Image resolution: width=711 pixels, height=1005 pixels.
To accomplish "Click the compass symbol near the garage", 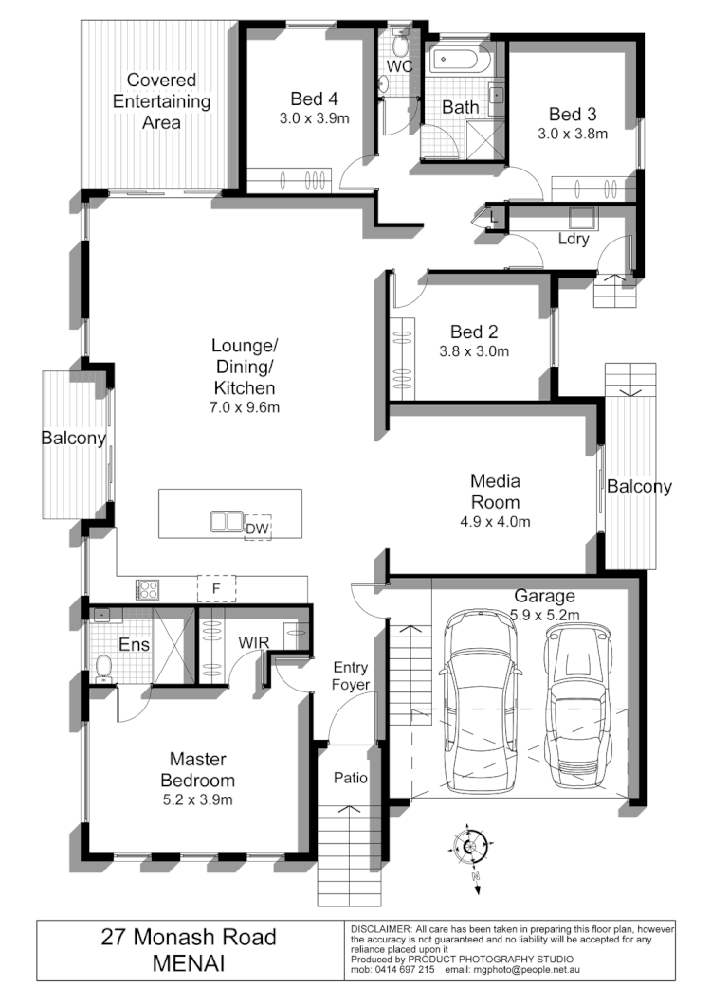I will (x=469, y=845).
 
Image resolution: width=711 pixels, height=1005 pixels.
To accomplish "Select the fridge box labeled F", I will (x=216, y=589).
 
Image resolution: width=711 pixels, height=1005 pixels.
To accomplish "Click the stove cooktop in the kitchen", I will (x=149, y=588).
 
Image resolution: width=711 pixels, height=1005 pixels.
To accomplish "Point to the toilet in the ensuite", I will (x=103, y=667).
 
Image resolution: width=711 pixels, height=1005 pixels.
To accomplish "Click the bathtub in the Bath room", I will (x=459, y=62).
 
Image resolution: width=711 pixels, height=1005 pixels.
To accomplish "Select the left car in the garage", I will (x=482, y=691).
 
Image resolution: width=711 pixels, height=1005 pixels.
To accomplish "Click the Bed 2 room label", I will (x=474, y=332).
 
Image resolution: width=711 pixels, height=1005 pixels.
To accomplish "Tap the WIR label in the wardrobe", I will (x=254, y=643).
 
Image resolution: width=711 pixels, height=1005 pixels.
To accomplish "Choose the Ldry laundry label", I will (x=574, y=239).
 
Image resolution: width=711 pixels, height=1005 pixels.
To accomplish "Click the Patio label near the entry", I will (x=351, y=778).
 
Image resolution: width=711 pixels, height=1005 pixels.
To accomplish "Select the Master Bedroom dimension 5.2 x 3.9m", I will (x=201, y=799).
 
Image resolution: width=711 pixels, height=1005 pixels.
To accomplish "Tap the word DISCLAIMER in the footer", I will (x=380, y=930).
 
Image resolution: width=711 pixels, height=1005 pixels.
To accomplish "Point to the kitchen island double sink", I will (x=227, y=521).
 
